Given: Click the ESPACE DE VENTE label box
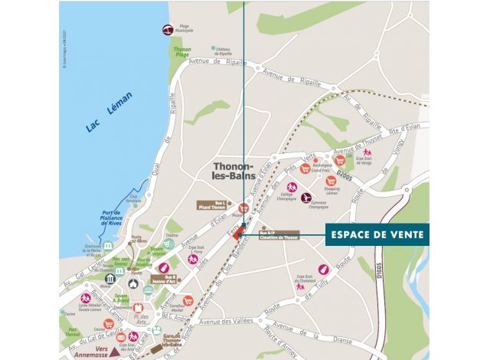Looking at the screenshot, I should click(x=377, y=234).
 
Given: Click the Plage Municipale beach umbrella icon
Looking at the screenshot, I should click(x=166, y=30).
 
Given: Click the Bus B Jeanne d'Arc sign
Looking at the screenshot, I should click(x=165, y=280).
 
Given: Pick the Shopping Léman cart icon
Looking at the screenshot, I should click(x=331, y=182).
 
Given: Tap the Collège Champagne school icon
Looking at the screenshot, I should click(x=291, y=187).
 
